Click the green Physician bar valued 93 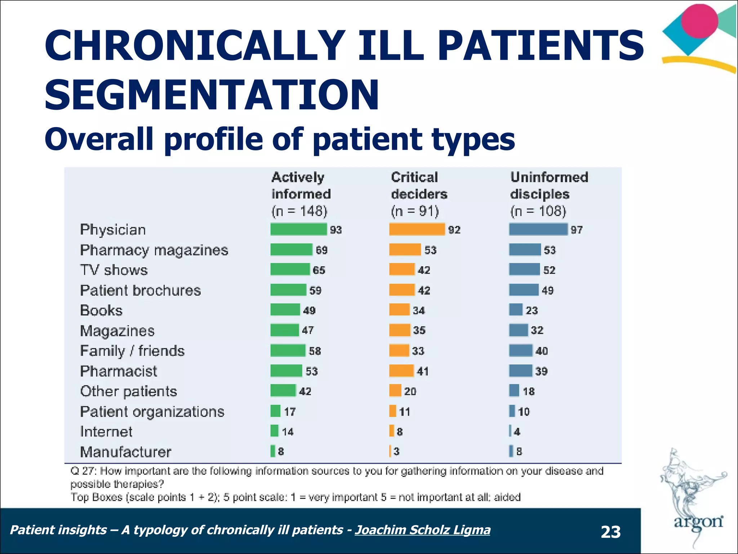pos(298,229)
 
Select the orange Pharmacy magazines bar pos(405,250)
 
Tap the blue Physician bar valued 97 pos(538,229)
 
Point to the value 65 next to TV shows pos(319,270)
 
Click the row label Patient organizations pos(152,412)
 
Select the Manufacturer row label pos(125,452)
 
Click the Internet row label pos(106,432)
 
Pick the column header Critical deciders pos(419,186)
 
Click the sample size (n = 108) pos(538,211)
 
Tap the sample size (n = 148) pos(299,211)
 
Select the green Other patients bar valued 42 pos(283,391)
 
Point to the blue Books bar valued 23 pos(516,310)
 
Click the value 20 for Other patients pos(410,391)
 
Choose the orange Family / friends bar pos(399,351)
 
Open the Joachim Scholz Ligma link pos(422,530)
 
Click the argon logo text pos(698,522)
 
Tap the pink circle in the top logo pos(699,21)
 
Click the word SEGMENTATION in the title pos(212,95)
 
